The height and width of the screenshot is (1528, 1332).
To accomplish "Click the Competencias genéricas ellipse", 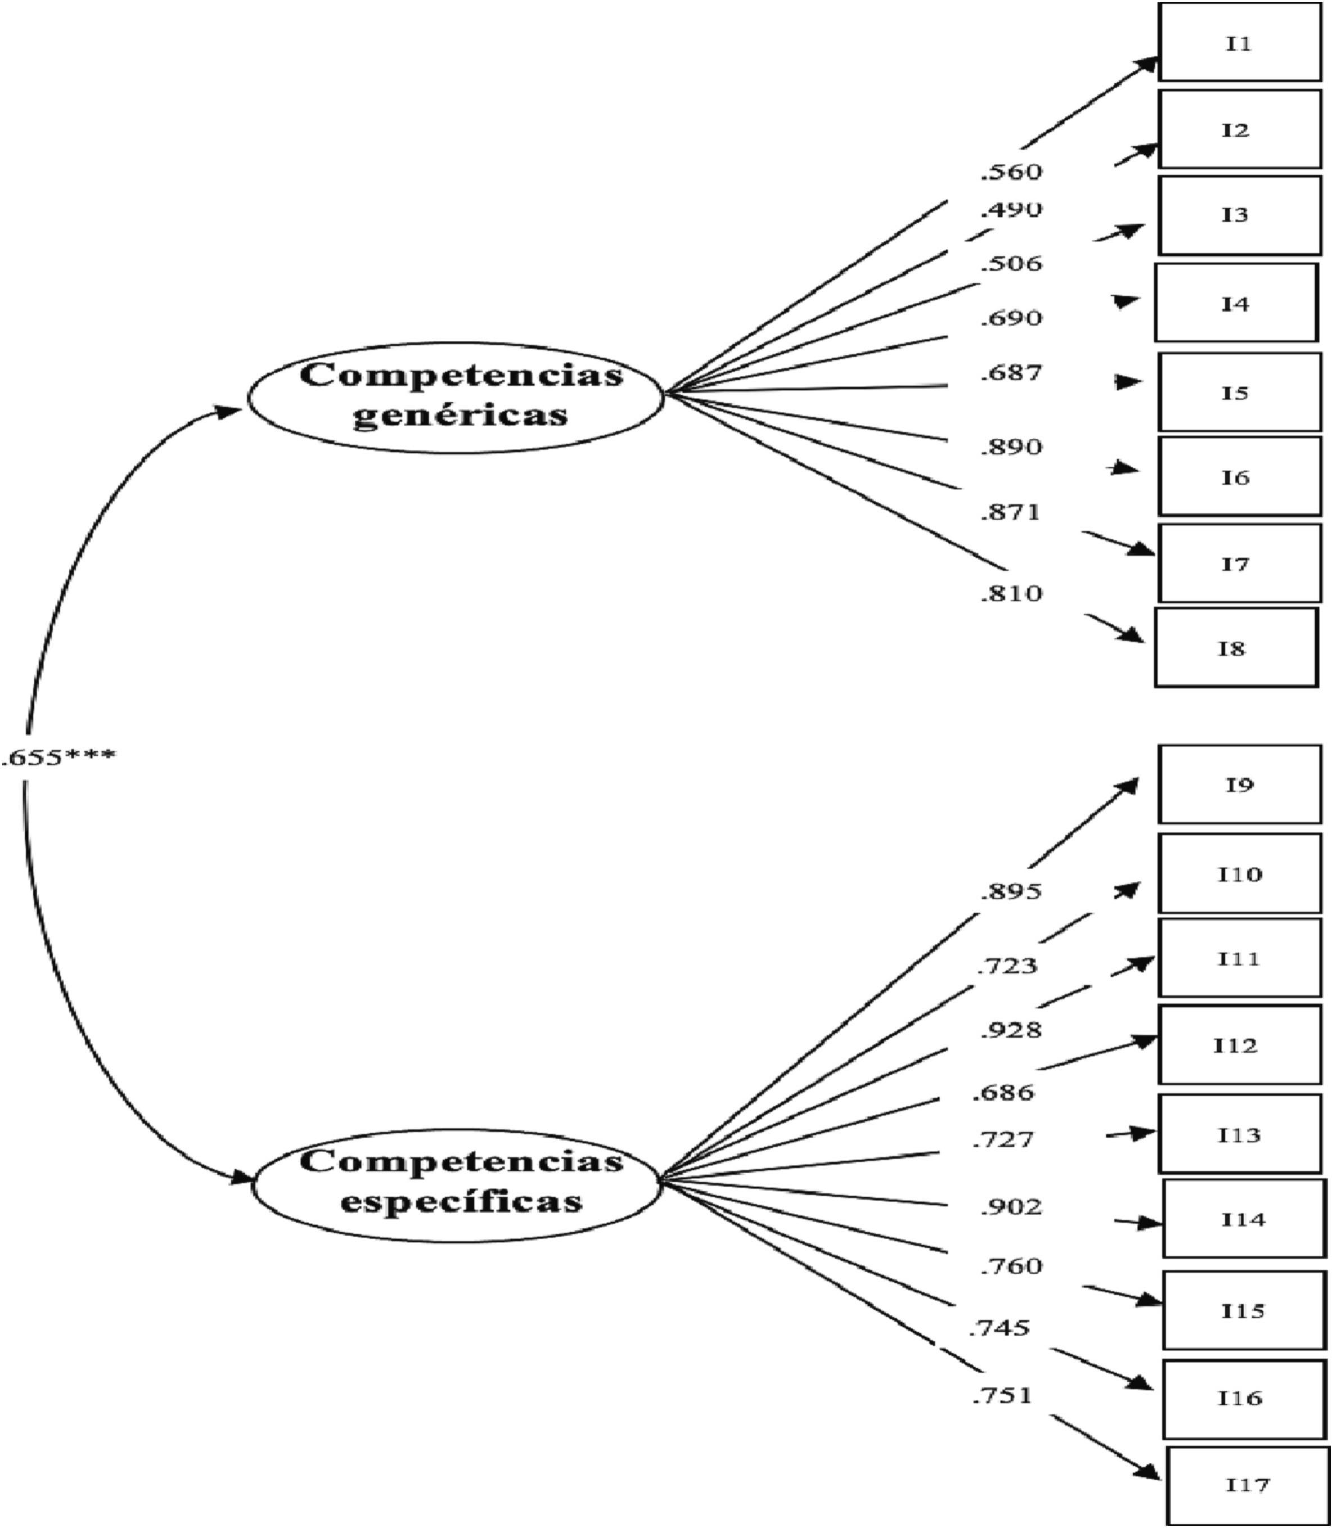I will [455, 397].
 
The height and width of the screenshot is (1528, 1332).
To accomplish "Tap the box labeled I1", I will [1239, 42].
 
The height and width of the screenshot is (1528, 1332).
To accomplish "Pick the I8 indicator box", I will [1235, 648].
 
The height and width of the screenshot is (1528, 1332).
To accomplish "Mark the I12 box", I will [1239, 1045].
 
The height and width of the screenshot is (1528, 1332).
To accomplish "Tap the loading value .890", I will [1011, 448].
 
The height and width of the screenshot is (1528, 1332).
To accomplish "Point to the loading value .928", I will [1011, 1030].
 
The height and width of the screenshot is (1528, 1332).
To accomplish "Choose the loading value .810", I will [1011, 593].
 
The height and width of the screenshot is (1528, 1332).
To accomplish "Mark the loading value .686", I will [1003, 1093].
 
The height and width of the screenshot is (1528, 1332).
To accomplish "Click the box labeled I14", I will [1244, 1220].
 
